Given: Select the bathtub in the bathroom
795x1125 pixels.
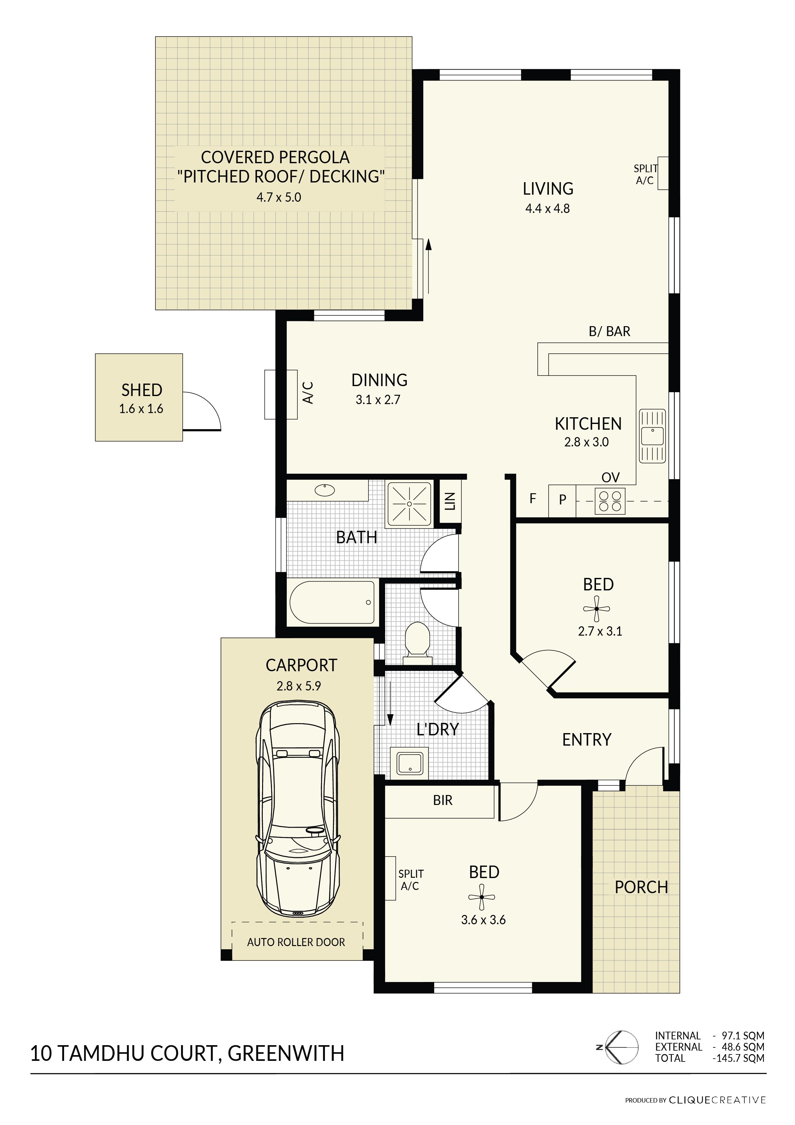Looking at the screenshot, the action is pyautogui.click(x=332, y=602).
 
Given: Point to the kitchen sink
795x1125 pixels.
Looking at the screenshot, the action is pyautogui.click(x=652, y=436).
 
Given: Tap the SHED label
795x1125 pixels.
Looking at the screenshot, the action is pyautogui.click(x=142, y=390).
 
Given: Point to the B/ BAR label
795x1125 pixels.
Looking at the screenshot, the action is pyautogui.click(x=609, y=332).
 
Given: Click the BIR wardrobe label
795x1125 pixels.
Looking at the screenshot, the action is pyautogui.click(x=443, y=801).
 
